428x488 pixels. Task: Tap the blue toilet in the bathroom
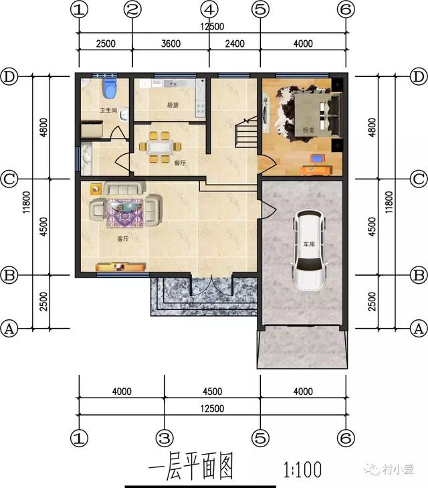point(110,88)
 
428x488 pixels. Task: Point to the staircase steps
point(246,134)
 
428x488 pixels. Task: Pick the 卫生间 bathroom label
point(109,110)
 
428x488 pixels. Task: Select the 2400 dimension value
point(235,44)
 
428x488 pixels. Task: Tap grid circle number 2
point(132,10)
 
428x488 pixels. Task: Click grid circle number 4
point(209,10)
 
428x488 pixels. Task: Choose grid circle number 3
point(164,438)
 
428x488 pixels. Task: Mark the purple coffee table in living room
point(124,210)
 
